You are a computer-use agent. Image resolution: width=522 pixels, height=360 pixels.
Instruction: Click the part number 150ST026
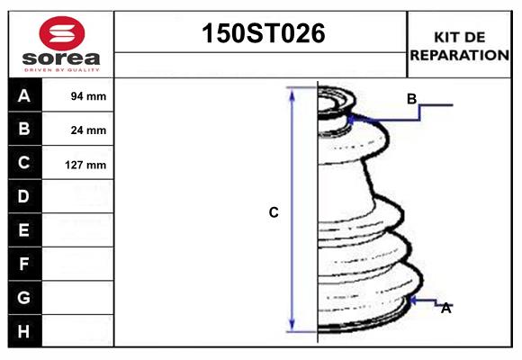coord(261,34)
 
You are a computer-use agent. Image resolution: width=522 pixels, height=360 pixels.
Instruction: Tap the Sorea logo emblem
coord(61,33)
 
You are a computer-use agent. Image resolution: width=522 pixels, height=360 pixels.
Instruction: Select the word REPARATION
coord(460,54)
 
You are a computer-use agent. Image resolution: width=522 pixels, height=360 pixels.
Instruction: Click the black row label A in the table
coord(24,95)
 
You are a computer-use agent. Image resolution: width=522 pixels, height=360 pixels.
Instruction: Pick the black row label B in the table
coord(24,129)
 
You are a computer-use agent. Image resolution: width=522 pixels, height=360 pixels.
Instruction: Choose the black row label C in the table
coord(24,163)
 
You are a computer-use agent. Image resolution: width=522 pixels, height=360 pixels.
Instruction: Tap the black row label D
coord(24,196)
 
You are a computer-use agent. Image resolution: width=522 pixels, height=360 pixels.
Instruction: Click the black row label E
coord(24,230)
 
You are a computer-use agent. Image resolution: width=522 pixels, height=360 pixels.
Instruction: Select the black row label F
coord(24,264)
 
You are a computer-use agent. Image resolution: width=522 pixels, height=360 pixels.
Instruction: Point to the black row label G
coord(24,297)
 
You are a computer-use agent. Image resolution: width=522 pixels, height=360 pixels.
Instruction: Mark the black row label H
coord(24,331)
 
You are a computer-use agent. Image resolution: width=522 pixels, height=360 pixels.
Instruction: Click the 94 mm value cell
coord(89,96)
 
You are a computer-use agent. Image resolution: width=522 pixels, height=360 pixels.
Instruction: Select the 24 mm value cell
coord(89,130)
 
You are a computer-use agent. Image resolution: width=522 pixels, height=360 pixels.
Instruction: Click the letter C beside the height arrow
coord(274,212)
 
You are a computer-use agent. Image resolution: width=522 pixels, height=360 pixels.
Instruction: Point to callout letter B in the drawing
coord(411,99)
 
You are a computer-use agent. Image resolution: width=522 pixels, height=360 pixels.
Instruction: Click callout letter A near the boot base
coord(445,308)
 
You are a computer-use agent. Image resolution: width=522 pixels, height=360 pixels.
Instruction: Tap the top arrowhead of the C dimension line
coord(292,93)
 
